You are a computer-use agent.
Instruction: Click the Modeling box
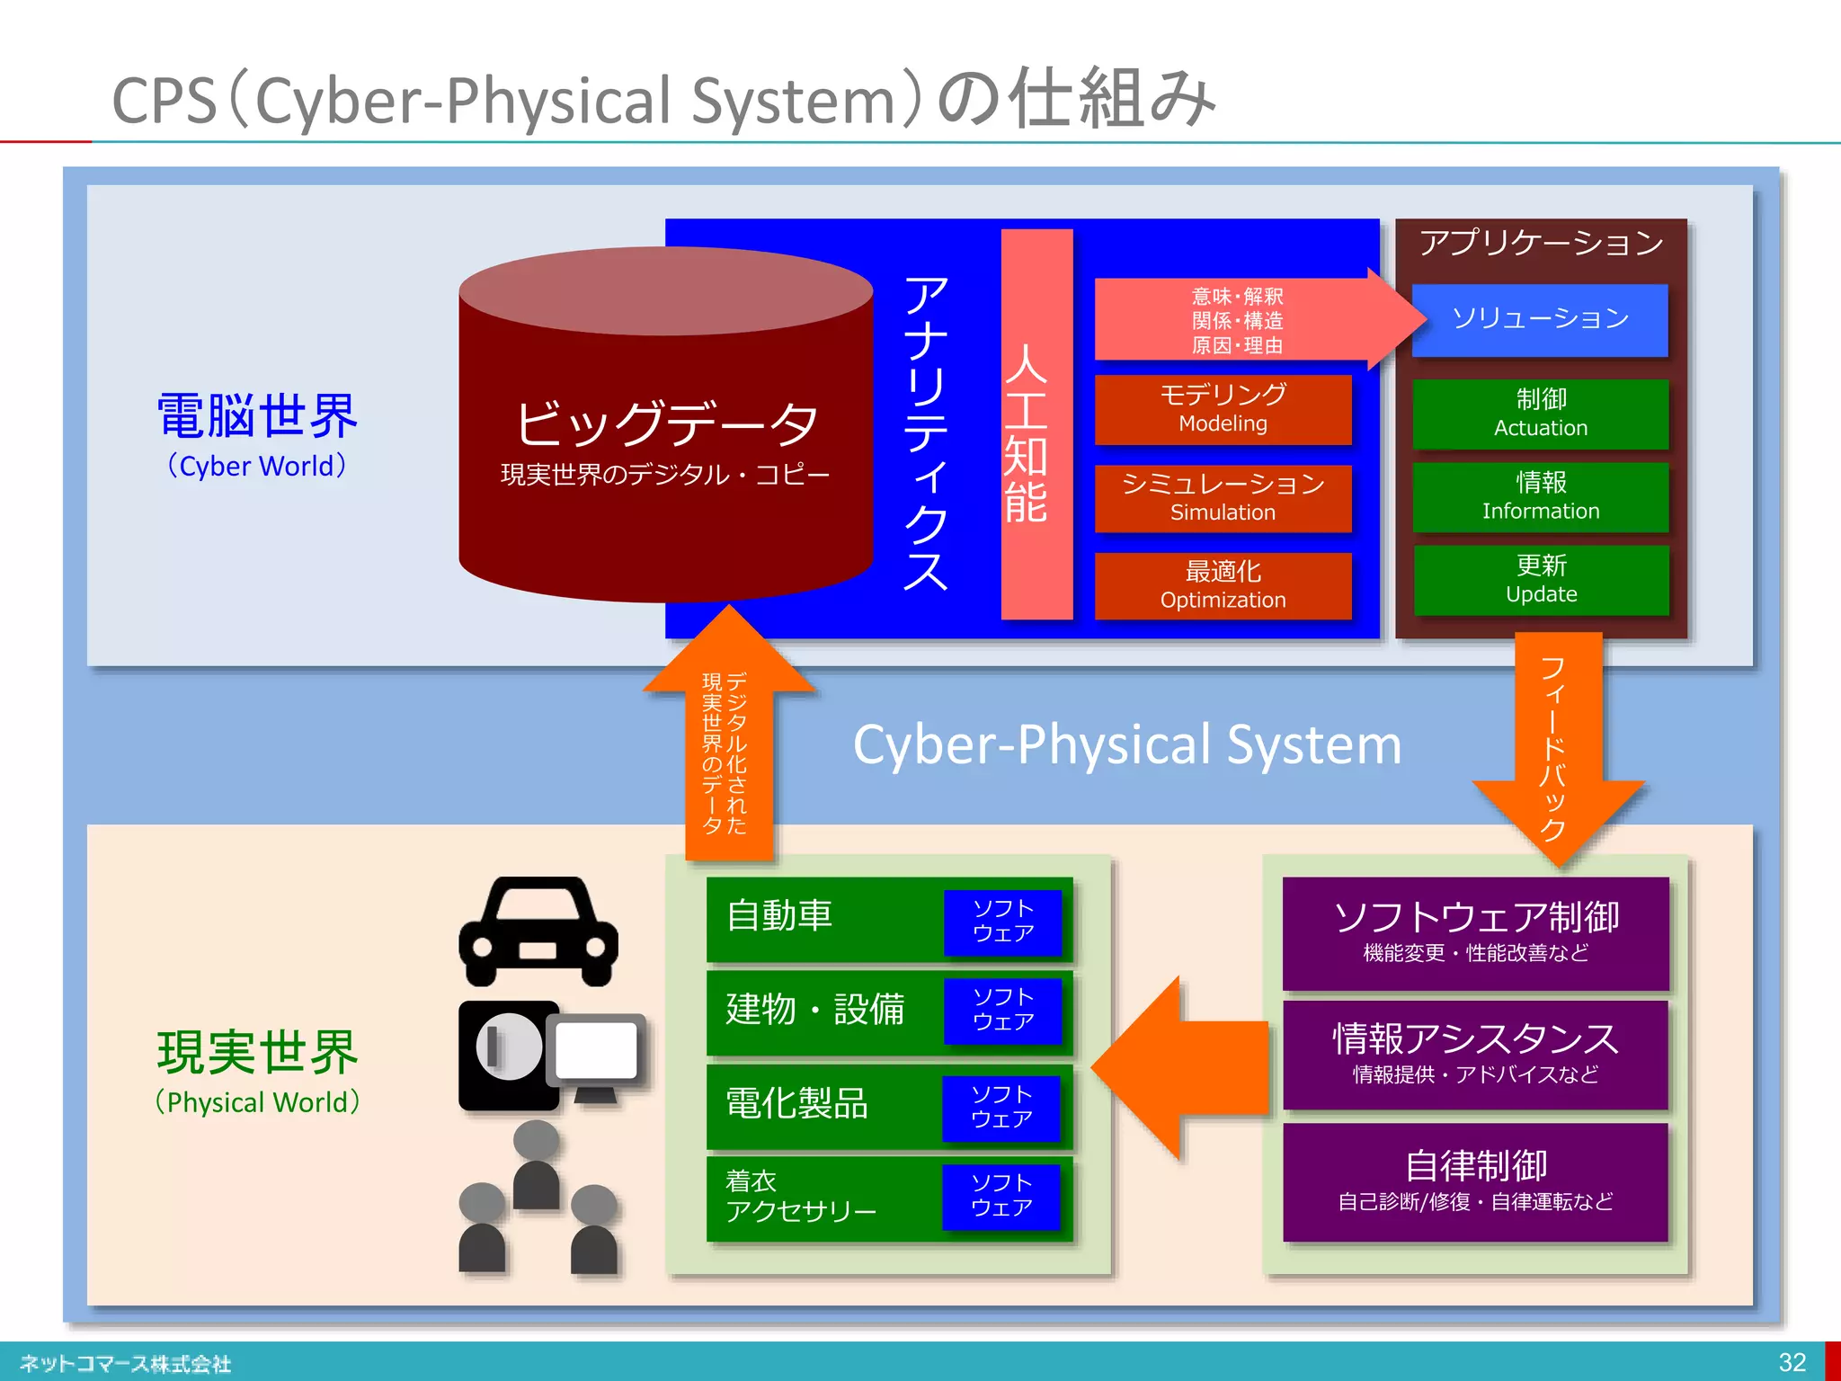(1223, 409)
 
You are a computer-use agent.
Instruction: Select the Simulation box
(1223, 498)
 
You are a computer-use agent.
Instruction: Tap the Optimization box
(1223, 585)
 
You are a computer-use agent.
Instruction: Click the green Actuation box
(1540, 414)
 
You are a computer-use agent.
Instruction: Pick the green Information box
(1540, 496)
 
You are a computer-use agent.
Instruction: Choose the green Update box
(1540, 580)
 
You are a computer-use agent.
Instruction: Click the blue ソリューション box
(1540, 319)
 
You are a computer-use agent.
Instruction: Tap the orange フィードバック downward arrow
(1557, 746)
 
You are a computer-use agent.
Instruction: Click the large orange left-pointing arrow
(1178, 1069)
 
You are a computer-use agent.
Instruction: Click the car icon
(538, 931)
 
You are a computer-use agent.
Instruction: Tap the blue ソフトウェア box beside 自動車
(1002, 922)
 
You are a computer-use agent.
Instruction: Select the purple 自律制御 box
(1475, 1181)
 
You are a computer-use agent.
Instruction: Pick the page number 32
(1792, 1362)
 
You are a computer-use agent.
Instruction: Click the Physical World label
(257, 1102)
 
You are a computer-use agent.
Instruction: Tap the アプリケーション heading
(1540, 243)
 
